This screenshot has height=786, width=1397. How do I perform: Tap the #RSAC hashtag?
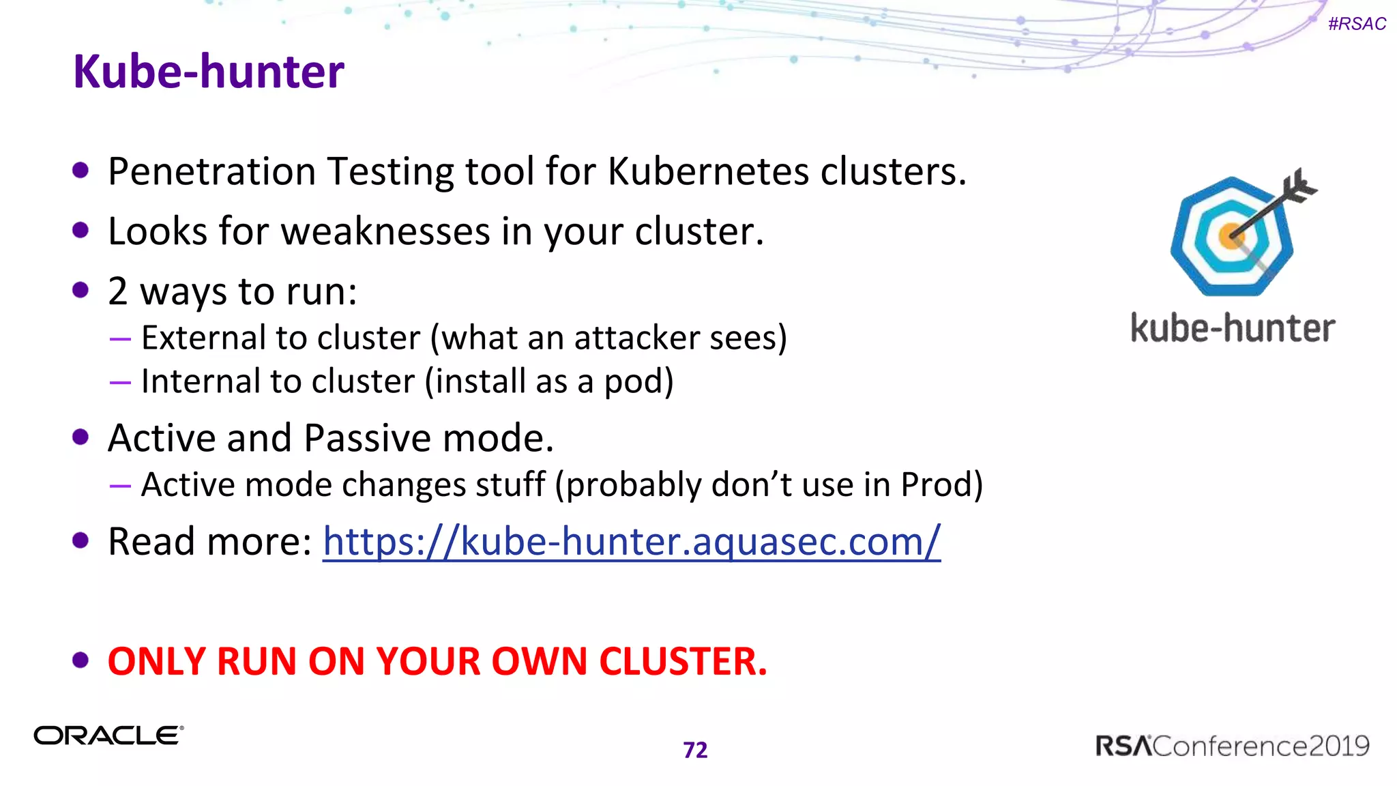tap(1357, 24)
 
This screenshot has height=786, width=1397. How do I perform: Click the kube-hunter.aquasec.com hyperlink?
tap(631, 542)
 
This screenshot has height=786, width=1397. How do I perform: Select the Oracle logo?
tap(109, 736)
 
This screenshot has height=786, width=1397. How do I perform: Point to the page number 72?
tap(695, 750)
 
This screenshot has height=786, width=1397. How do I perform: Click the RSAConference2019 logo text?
tap(1232, 746)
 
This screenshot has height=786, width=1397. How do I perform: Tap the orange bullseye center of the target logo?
tap(1231, 236)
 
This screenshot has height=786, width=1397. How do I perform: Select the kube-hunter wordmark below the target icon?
tap(1232, 329)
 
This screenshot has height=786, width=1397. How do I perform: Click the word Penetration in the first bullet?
tap(211, 171)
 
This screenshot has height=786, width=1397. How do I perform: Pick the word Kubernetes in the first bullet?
tap(708, 171)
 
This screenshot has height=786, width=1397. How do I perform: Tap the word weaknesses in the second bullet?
tap(385, 231)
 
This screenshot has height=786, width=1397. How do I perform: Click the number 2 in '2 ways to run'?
tap(118, 291)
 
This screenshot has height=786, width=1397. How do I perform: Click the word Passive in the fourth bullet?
tap(367, 438)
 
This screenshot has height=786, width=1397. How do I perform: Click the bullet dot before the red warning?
tap(80, 660)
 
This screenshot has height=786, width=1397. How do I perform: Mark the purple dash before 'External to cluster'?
tap(120, 338)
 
